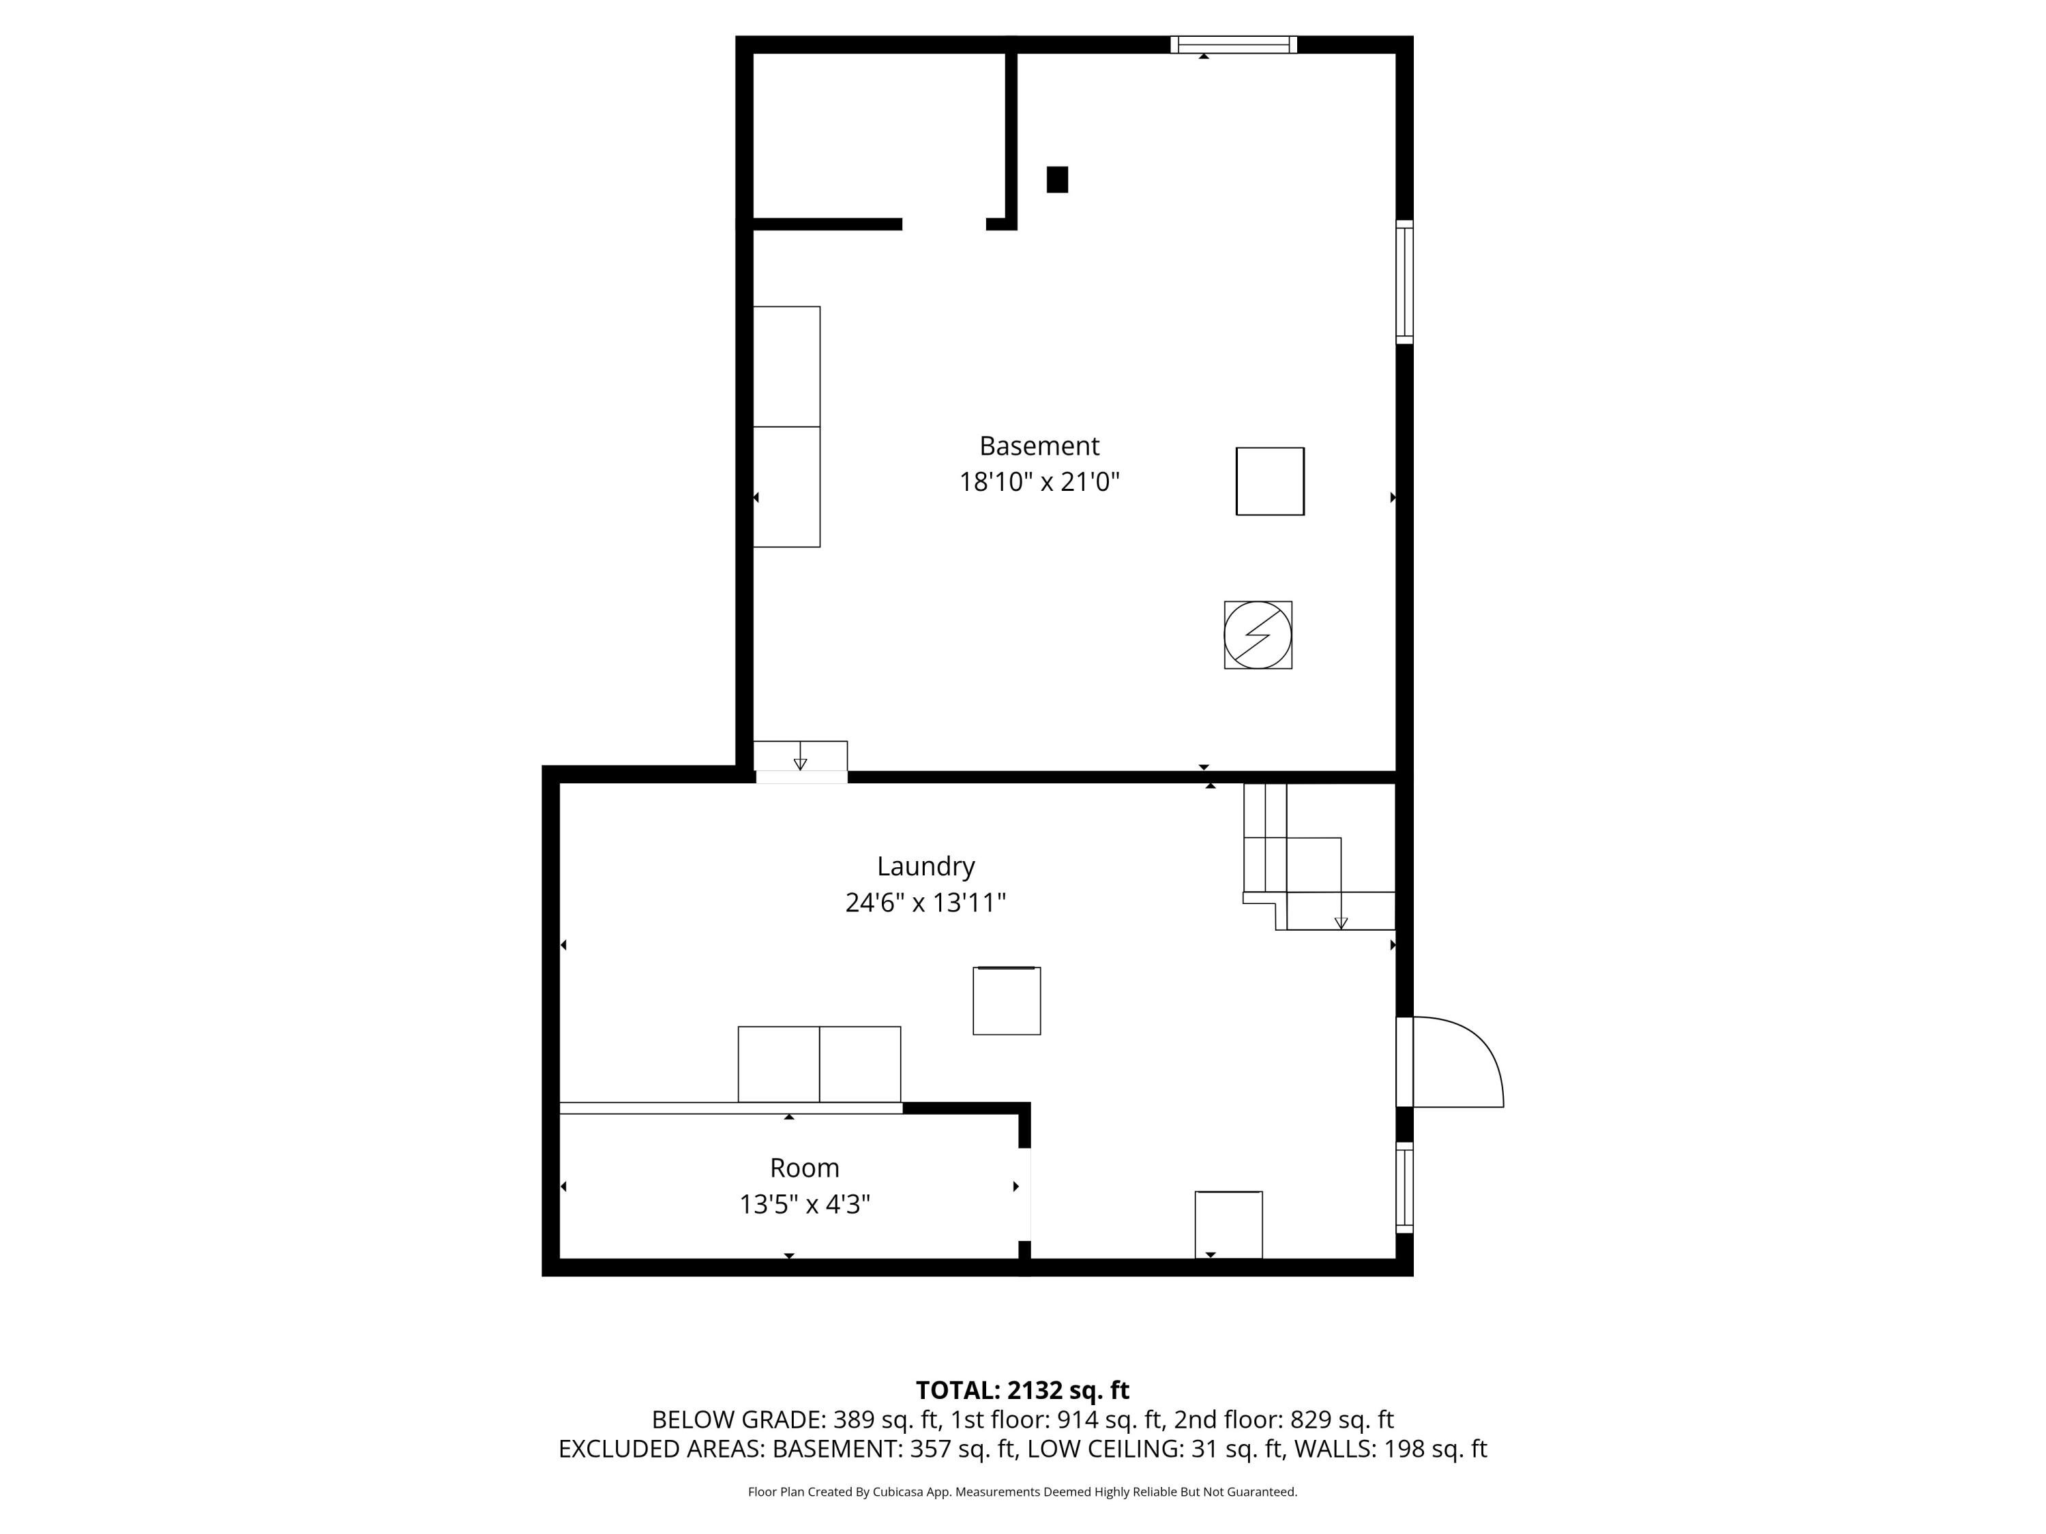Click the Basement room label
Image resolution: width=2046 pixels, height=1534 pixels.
[1039, 446]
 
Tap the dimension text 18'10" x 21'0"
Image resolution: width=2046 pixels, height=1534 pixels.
[1039, 482]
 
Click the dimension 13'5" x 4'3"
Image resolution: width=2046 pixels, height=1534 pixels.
[805, 1204]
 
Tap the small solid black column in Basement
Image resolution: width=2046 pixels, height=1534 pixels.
[1057, 179]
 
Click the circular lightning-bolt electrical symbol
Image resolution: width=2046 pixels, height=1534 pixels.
[1258, 635]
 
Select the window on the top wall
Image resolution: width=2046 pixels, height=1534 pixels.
[1233, 44]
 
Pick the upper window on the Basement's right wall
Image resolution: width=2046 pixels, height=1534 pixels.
[1404, 282]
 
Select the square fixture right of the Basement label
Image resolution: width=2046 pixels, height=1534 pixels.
[1270, 481]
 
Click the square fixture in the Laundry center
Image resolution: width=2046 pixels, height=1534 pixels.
[1007, 1000]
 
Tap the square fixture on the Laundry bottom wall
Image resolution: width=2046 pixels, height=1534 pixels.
[1228, 1224]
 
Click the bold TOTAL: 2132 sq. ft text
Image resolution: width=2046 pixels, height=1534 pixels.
[1022, 1389]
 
